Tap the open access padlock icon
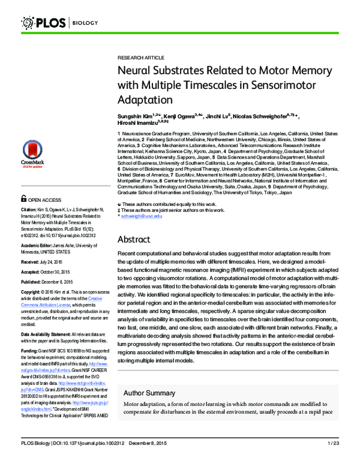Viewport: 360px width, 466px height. (x=23, y=198)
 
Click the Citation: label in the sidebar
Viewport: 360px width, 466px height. (x=31, y=210)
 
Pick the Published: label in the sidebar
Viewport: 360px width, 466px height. (x=34, y=282)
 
